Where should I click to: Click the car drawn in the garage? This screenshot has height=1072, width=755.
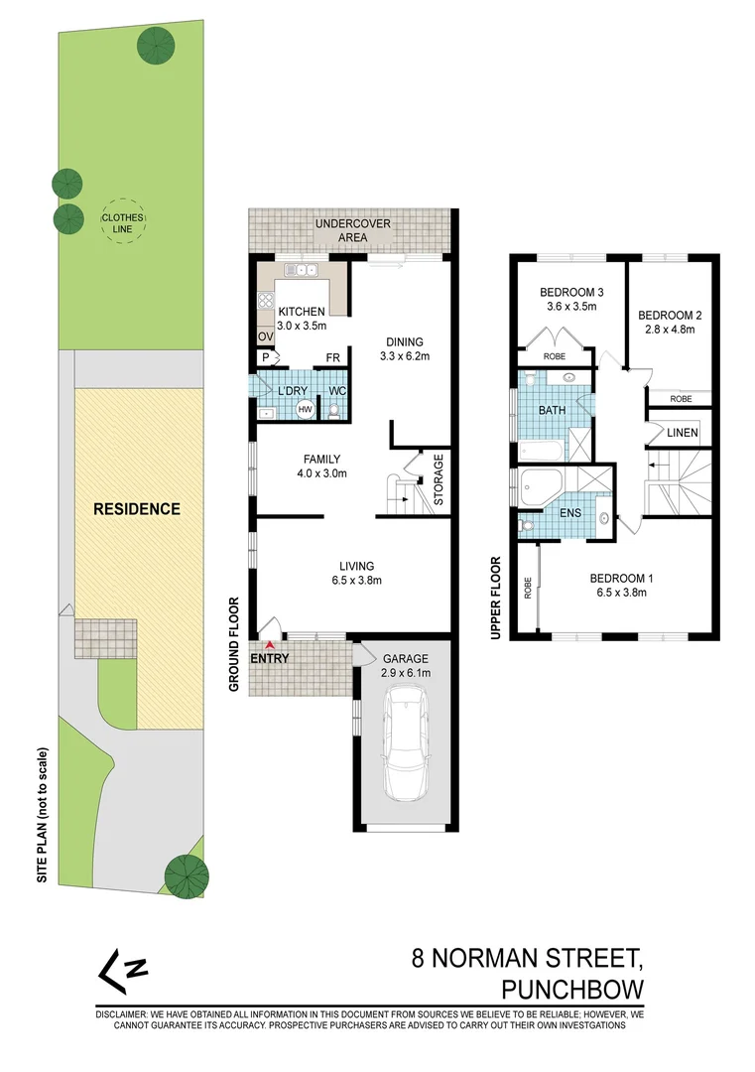(406, 745)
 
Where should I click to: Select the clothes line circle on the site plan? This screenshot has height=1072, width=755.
(123, 222)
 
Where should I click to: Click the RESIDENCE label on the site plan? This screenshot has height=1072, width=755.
(137, 509)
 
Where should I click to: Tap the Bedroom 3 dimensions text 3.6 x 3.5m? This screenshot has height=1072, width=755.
(571, 308)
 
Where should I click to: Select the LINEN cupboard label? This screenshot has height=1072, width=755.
(682, 433)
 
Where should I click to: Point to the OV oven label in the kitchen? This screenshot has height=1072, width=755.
(265, 337)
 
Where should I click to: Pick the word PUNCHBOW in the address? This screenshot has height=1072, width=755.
(573, 990)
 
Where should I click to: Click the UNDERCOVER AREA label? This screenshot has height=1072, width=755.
(352, 231)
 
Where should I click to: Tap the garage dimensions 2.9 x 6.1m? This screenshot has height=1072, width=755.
(406, 673)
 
